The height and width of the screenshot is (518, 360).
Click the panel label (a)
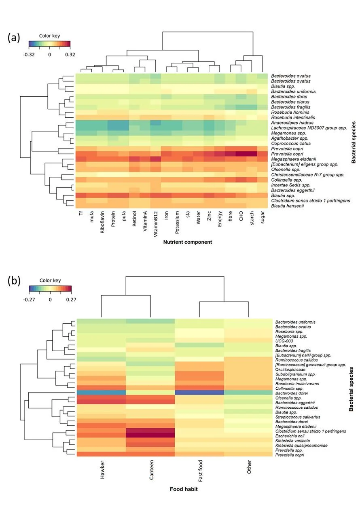(14, 38)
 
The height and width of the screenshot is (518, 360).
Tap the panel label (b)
(14, 281)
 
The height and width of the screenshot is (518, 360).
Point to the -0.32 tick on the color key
(29, 55)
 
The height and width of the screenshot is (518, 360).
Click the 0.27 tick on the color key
(71, 299)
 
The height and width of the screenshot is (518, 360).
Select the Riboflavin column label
(102, 222)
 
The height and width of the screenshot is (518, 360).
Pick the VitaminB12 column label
(155, 224)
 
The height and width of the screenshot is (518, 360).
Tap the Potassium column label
(177, 223)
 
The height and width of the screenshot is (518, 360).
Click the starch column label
(252, 218)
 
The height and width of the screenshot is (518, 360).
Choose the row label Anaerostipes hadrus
(292, 123)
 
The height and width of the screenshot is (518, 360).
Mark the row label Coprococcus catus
(291, 143)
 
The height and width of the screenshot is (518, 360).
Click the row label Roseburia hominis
(290, 112)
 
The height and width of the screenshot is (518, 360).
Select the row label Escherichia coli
(290, 436)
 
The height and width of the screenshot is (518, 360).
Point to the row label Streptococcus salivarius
(298, 417)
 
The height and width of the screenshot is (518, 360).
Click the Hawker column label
(102, 470)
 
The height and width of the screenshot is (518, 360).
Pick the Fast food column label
(200, 471)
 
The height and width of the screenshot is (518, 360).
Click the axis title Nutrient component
(187, 242)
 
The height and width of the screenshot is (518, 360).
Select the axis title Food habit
(184, 489)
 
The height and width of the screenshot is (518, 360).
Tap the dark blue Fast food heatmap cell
(199, 393)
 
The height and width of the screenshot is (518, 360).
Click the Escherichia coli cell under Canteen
(150, 435)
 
